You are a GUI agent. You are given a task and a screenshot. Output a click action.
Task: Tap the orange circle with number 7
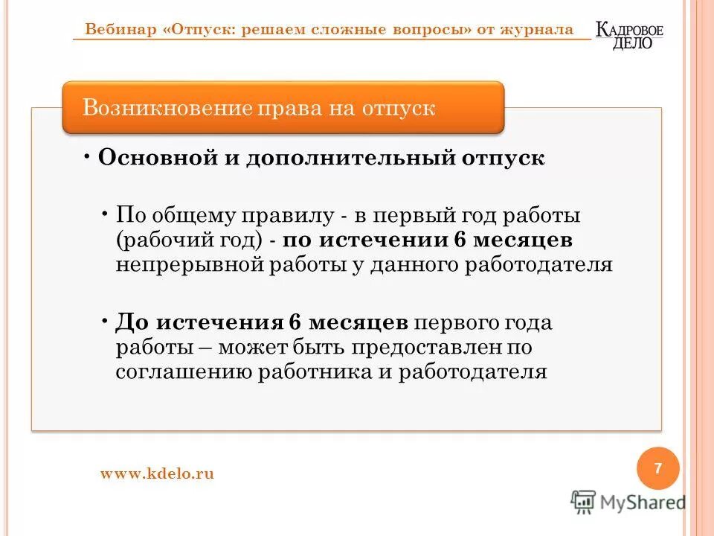(x=658, y=469)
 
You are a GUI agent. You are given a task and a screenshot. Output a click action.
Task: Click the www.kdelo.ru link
(x=157, y=473)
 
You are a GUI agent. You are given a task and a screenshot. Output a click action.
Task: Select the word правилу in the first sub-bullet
(x=283, y=216)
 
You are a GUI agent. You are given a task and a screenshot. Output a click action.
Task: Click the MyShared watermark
(x=629, y=502)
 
